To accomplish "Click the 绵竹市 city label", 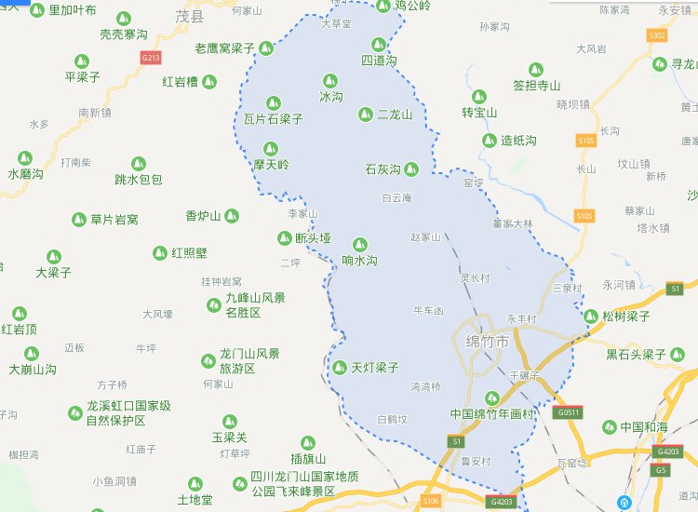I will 488,343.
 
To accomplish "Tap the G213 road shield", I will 151,58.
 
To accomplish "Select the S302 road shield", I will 658,34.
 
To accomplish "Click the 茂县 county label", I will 190,16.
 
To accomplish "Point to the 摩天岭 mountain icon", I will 271,148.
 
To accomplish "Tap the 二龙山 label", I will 395,115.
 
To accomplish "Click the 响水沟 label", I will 360,262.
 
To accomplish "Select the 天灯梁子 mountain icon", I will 340,368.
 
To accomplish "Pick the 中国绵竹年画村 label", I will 490,414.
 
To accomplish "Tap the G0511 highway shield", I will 567,411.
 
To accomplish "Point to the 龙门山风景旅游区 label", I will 248,361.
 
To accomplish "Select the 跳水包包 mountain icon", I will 139,164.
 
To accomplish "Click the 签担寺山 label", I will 537,86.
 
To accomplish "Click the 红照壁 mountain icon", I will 160,253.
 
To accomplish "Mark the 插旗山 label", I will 308,459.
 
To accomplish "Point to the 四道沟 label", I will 379,60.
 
